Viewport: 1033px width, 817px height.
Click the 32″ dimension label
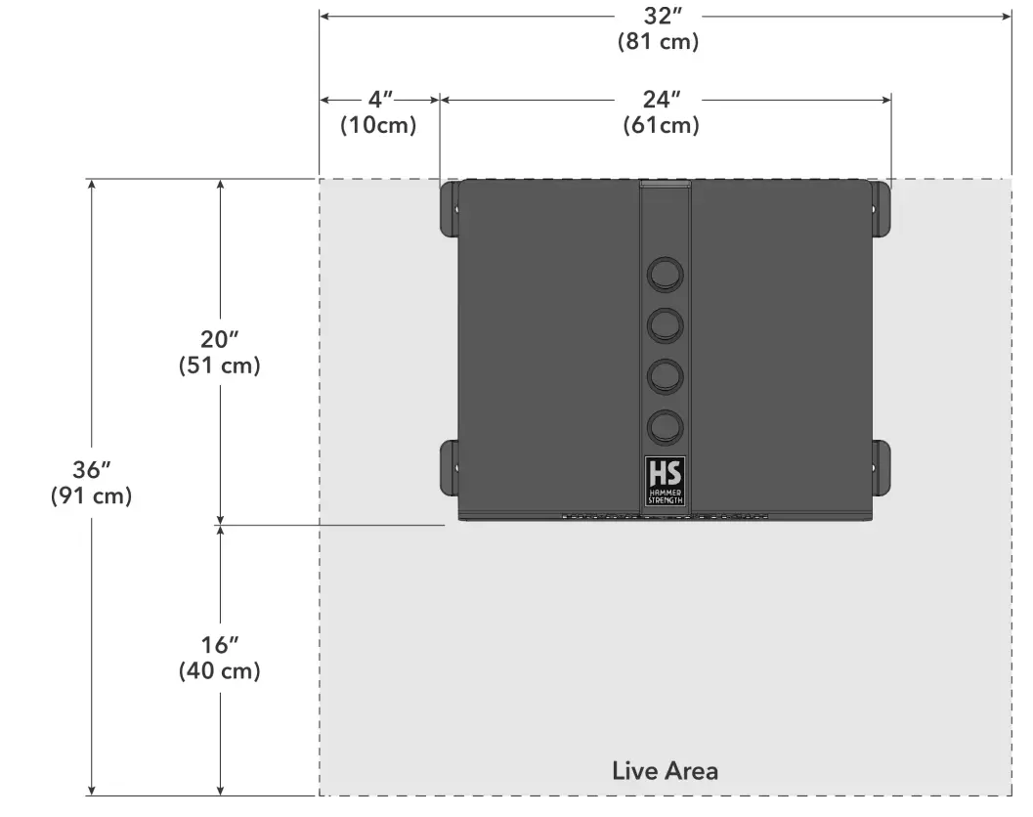click(662, 16)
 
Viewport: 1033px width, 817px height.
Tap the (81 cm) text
click(658, 41)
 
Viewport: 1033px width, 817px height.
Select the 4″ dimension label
click(379, 100)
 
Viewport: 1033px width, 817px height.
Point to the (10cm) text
click(378, 124)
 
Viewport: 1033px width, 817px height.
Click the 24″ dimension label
click(662, 100)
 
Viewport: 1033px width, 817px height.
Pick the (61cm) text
click(661, 124)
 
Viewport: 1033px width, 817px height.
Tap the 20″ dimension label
click(219, 339)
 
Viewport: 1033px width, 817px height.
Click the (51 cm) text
click(219, 365)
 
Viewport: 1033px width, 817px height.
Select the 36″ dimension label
click(92, 470)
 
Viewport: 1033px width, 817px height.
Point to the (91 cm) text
click(92, 495)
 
